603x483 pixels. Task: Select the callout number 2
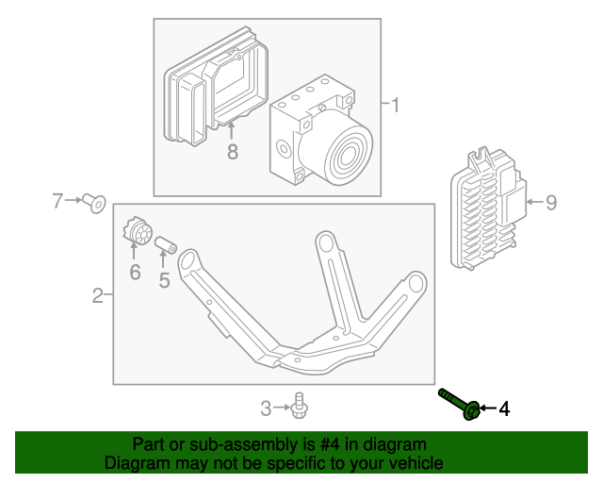click(x=98, y=297)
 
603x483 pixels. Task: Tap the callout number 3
click(x=266, y=408)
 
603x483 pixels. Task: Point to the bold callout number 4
click(x=504, y=408)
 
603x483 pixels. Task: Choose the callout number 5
click(x=164, y=279)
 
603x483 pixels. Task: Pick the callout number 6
click(x=134, y=273)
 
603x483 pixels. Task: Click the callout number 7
click(x=57, y=200)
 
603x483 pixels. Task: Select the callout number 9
click(x=551, y=201)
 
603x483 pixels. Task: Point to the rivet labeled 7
click(x=93, y=202)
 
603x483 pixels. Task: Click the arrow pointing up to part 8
click(x=232, y=130)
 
